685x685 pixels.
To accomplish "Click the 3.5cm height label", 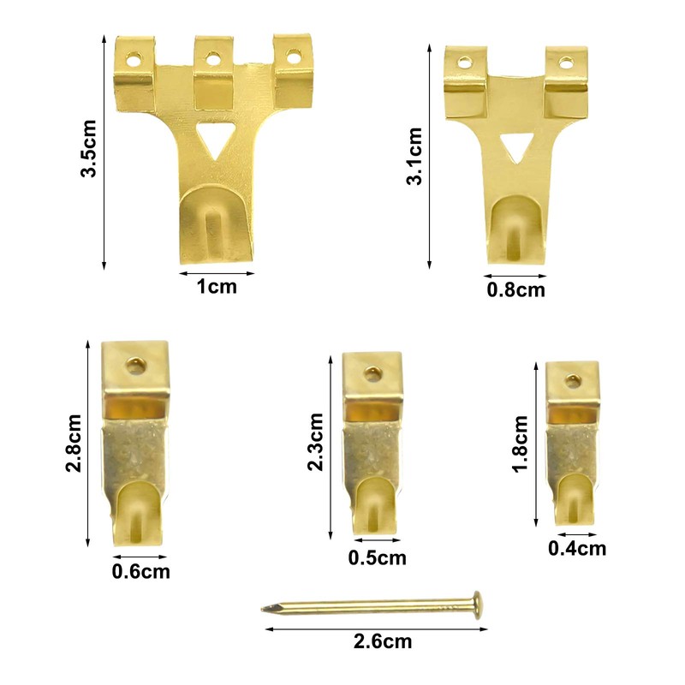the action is (x=89, y=148).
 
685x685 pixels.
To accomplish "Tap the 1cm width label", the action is (x=217, y=287).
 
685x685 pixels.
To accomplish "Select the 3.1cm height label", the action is (x=414, y=156).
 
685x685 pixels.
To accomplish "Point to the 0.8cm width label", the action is (x=516, y=290).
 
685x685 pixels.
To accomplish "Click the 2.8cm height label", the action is (x=74, y=443).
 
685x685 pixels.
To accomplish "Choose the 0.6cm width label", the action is (x=141, y=571).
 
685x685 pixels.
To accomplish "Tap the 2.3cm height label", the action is (x=315, y=441).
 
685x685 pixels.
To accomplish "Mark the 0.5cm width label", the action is (x=378, y=558).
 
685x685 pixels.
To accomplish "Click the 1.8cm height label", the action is (x=521, y=444).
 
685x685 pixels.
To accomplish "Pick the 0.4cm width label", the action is (x=577, y=549).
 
